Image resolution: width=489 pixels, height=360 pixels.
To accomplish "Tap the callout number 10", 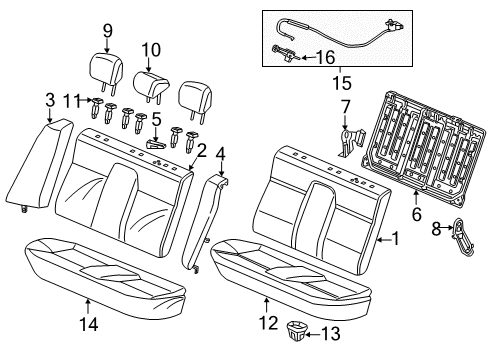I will (x=150, y=50).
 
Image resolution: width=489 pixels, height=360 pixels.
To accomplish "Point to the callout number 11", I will (x=69, y=101).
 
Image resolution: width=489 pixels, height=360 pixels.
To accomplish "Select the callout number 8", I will (x=437, y=228).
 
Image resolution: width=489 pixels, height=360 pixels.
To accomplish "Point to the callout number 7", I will (x=344, y=107).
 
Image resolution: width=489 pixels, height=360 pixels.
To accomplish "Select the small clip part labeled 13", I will (x=299, y=327).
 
